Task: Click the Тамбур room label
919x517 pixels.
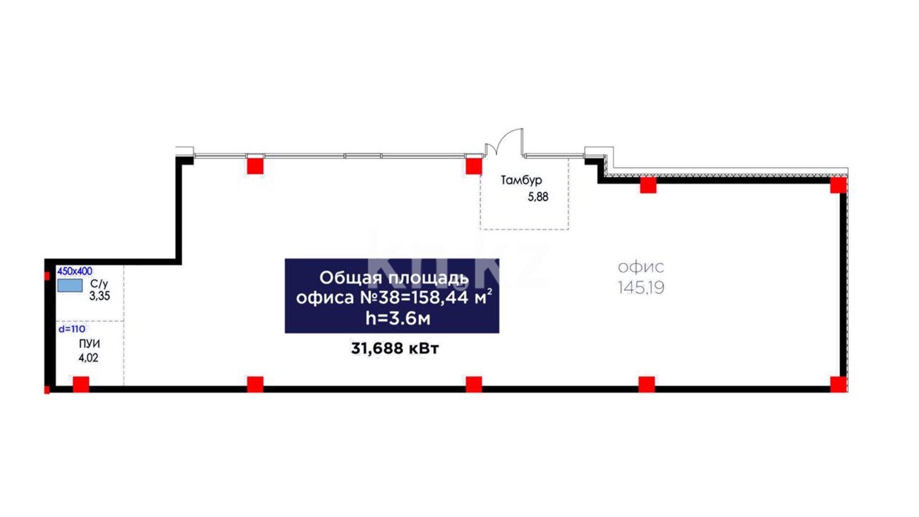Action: [x=521, y=180]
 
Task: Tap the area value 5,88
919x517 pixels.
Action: [x=538, y=197]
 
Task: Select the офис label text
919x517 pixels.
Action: [x=641, y=267]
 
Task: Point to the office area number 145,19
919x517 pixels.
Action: [x=641, y=287]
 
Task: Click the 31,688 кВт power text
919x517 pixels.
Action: [x=395, y=348]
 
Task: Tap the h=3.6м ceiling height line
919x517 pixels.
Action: [x=398, y=318]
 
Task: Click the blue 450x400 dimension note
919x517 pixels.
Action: [x=75, y=271]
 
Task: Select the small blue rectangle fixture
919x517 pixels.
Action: [x=70, y=286]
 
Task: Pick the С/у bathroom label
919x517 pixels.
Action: [x=99, y=284]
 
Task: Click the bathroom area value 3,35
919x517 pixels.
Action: [x=100, y=296]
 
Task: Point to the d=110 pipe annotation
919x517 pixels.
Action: [x=72, y=329]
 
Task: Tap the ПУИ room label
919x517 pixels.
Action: [x=90, y=344]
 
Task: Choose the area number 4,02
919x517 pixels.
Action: [x=89, y=358]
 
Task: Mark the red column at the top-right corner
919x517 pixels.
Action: [x=838, y=185]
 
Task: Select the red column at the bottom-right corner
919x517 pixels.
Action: [x=838, y=384]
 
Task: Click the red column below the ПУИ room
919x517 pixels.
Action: [x=81, y=384]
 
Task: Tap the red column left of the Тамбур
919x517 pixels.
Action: [x=474, y=166]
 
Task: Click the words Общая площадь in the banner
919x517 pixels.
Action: [x=393, y=278]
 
